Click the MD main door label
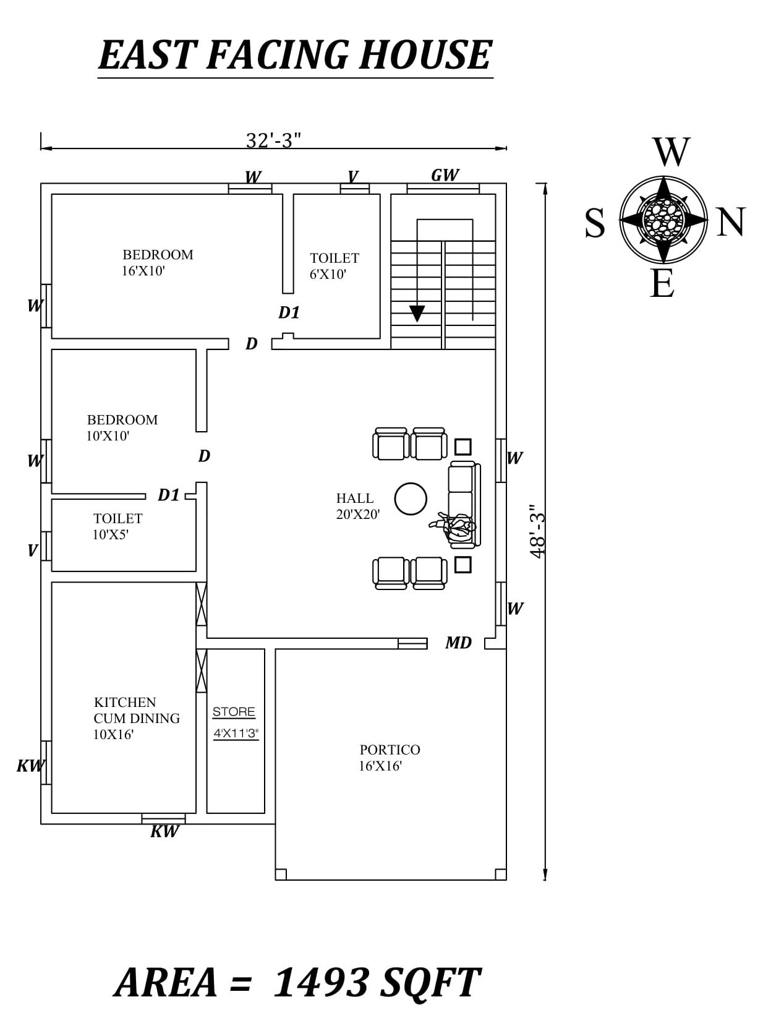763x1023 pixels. [x=458, y=643]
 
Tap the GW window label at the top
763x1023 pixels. [x=445, y=175]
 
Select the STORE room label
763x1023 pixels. [x=234, y=712]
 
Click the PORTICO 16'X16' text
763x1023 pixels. [x=389, y=758]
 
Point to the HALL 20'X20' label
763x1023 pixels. [x=357, y=506]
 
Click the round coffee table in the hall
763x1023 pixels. [x=411, y=499]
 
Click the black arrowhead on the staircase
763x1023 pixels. [x=417, y=314]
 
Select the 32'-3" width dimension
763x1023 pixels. [x=273, y=140]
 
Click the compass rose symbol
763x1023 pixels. [x=663, y=220]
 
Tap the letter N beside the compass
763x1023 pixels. [x=731, y=222]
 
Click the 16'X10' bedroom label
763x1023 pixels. [x=157, y=262]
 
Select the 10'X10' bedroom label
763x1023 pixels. [x=122, y=427]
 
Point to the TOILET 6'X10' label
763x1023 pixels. [x=334, y=266]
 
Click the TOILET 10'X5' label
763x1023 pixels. [x=117, y=526]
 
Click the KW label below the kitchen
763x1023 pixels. [x=164, y=831]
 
